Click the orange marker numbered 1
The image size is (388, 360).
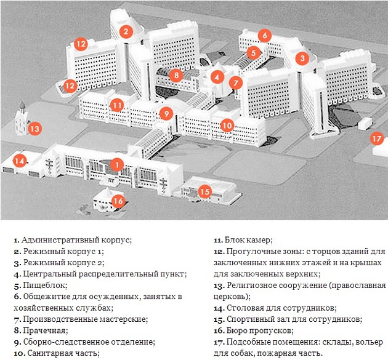click(116, 164)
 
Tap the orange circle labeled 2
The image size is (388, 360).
click(126, 31)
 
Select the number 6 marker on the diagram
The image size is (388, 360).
click(264, 36)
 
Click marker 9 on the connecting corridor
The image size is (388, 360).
click(165, 113)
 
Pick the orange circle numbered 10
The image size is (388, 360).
click(227, 125)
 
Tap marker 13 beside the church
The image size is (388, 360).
click(35, 129)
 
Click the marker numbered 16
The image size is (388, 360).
click(118, 200)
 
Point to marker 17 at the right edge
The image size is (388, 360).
click(376, 138)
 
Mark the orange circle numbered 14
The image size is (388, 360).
click(21, 161)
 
